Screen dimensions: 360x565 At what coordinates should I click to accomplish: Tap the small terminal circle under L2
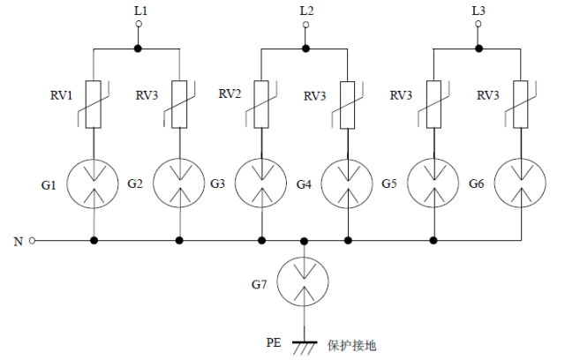[x=305, y=25]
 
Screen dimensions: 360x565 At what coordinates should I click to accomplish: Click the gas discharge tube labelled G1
[x=94, y=184]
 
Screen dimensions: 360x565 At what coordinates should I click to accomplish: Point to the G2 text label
[x=134, y=184]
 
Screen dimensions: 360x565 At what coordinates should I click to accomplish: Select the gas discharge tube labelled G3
[x=261, y=184]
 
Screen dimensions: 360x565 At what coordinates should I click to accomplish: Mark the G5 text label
[x=390, y=184]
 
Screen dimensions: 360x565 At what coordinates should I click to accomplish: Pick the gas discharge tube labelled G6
[x=519, y=184]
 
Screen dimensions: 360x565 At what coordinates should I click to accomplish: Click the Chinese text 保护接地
[x=352, y=345]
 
